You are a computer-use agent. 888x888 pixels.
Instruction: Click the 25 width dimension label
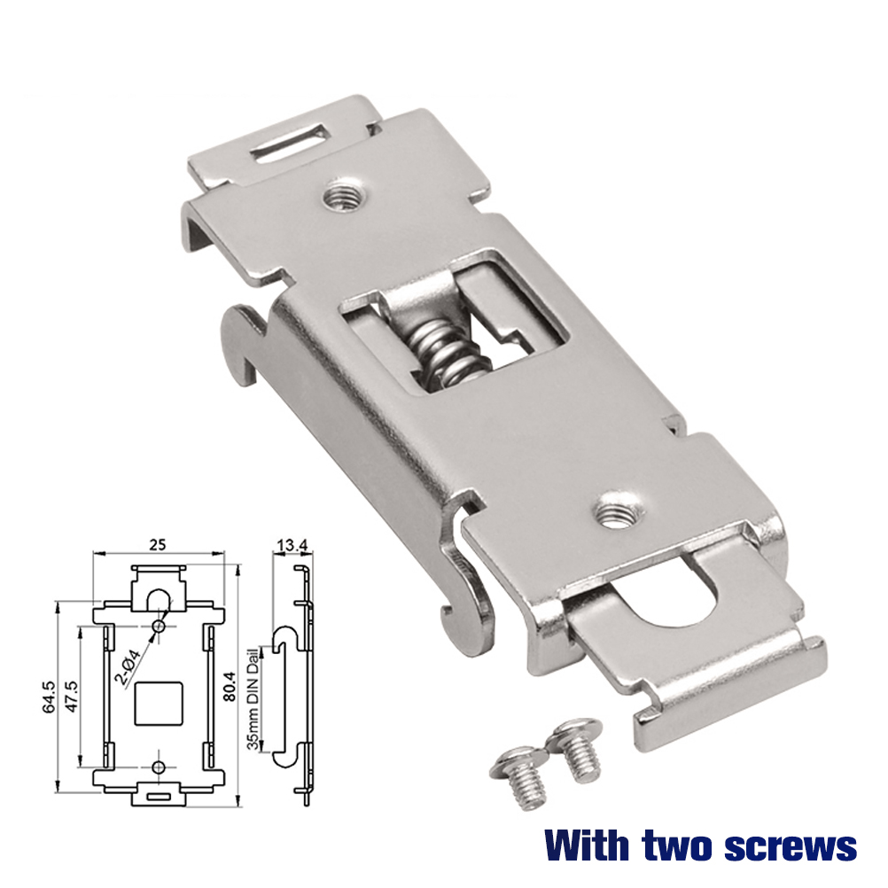click(x=158, y=544)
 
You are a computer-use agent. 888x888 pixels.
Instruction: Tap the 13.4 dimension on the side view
click(x=292, y=545)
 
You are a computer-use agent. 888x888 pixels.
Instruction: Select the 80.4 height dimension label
click(x=230, y=687)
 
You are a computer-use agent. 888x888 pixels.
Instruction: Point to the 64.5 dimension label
click(x=49, y=697)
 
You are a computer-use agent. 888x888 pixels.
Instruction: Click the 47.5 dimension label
click(x=72, y=697)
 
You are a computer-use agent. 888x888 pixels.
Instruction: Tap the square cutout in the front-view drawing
click(x=159, y=704)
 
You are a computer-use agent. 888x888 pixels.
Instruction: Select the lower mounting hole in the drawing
click(x=159, y=767)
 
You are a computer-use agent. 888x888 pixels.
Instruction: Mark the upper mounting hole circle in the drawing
click(x=159, y=627)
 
